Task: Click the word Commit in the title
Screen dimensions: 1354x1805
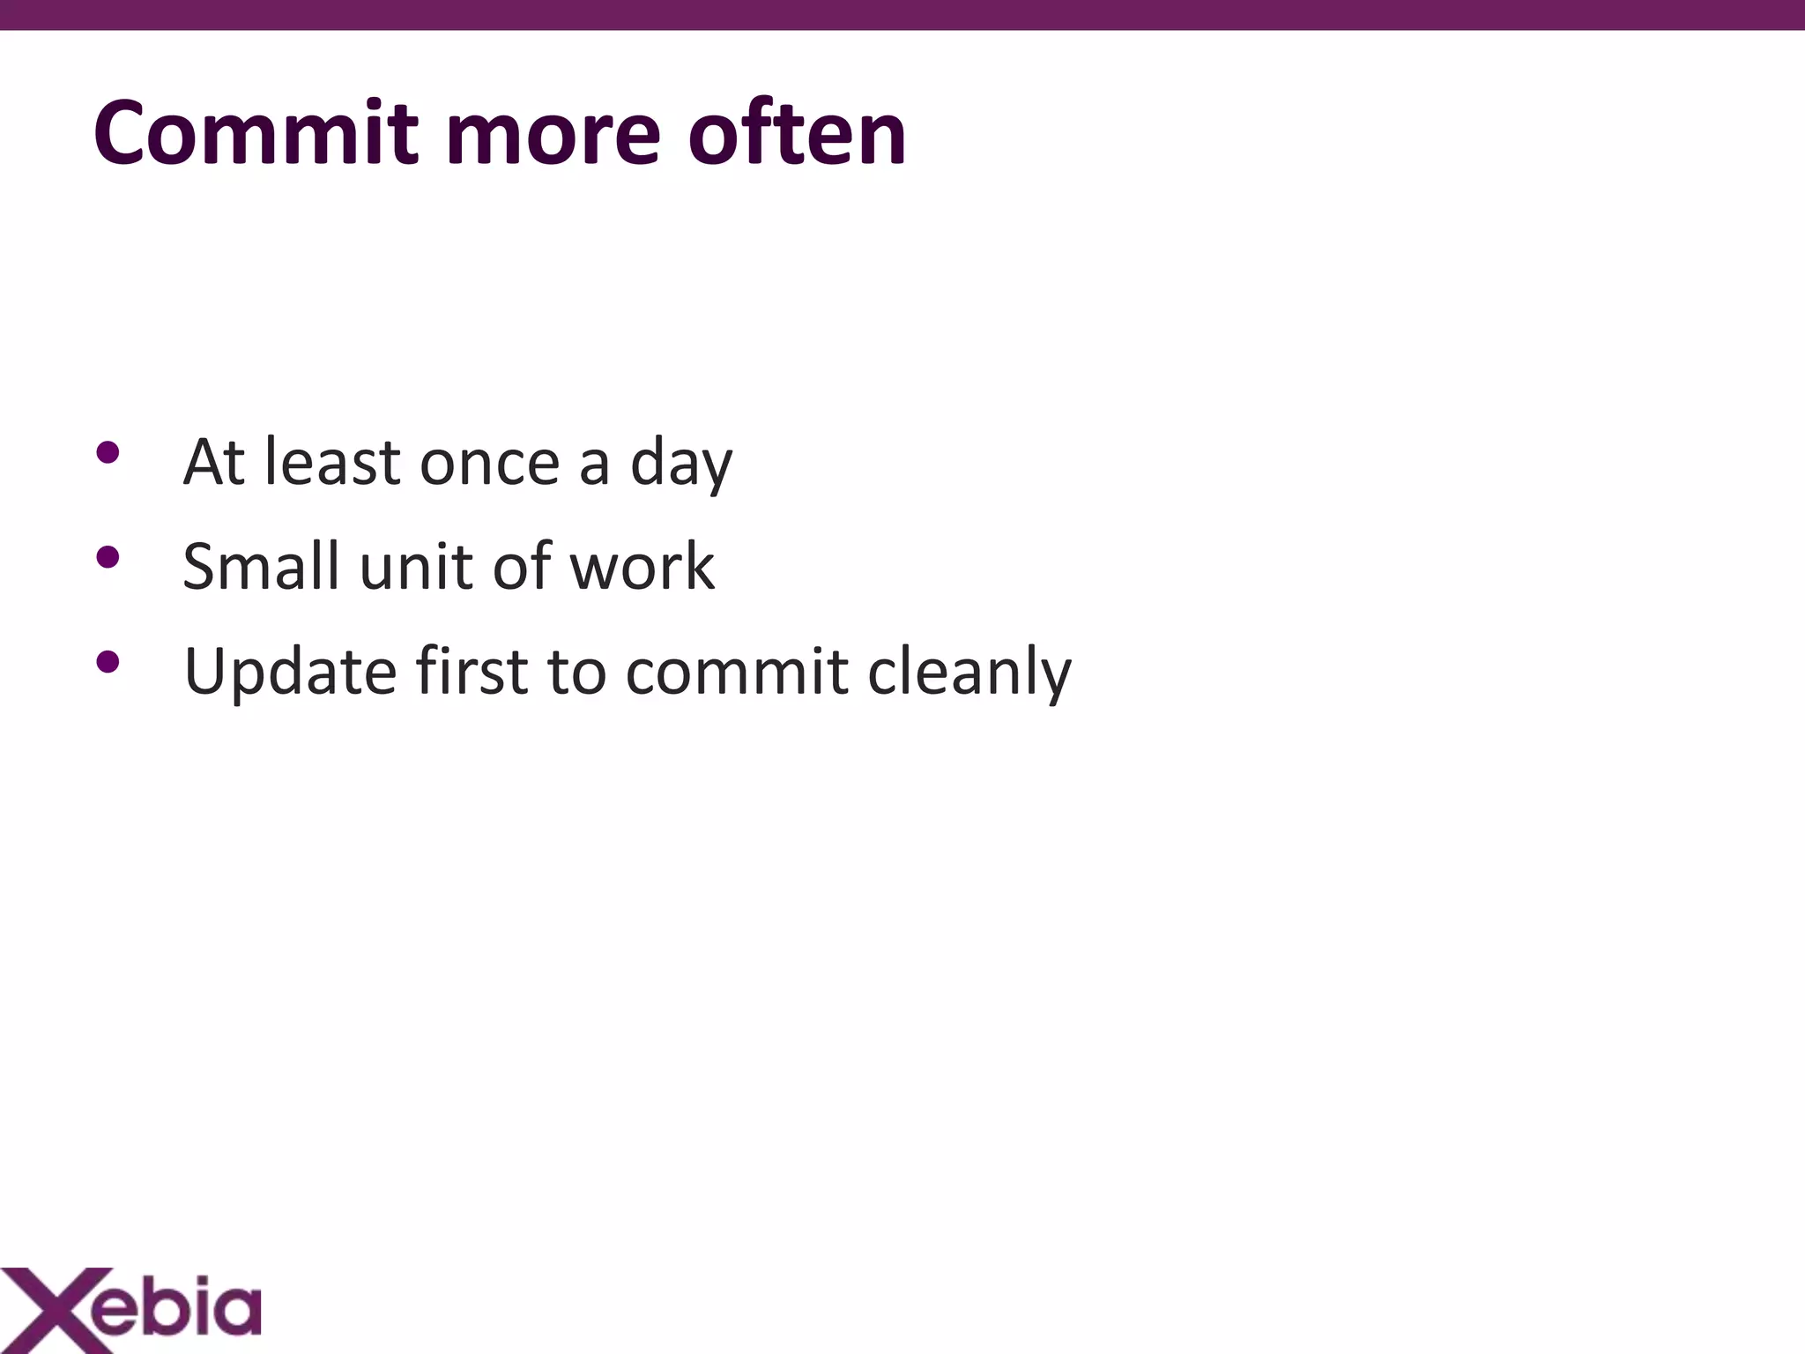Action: [x=256, y=134]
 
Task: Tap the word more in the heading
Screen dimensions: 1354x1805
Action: [x=553, y=134]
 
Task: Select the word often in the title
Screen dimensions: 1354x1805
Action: [x=797, y=134]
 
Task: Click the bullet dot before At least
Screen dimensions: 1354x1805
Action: [x=108, y=453]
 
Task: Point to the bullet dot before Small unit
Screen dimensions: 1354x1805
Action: [x=108, y=557]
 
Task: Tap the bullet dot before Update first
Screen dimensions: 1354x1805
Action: [x=108, y=661]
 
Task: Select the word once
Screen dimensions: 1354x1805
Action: [x=489, y=463]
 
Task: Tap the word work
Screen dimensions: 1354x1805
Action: [x=642, y=566]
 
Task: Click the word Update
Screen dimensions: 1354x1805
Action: [x=290, y=673]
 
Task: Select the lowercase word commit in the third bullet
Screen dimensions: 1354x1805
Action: [x=736, y=672]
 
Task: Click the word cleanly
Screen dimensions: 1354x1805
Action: [x=969, y=673]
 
